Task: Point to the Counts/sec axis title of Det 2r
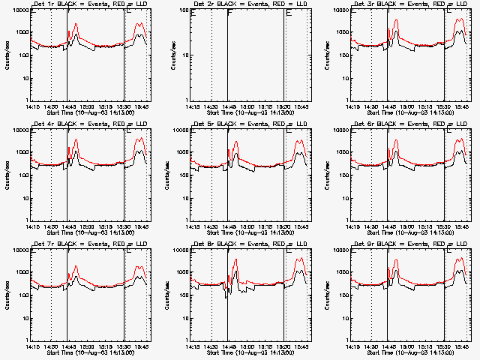pos(166,55)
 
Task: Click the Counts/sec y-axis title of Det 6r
pos(328,175)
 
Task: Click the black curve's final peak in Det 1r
pos(139,34)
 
